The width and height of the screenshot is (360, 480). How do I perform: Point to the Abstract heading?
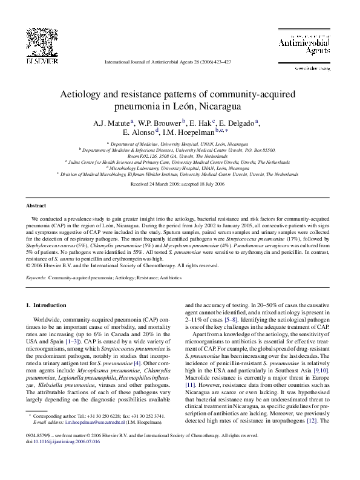[x=36, y=206]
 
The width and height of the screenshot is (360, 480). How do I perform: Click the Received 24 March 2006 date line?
[x=180, y=183]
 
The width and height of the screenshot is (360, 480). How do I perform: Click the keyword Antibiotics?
[x=144, y=278]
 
